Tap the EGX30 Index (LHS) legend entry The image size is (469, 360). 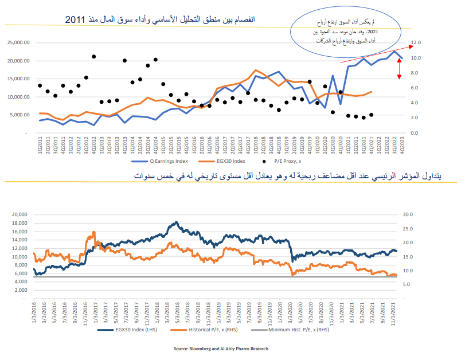point(123,330)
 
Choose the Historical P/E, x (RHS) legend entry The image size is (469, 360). point(198,330)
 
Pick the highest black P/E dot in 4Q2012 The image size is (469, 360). point(93,57)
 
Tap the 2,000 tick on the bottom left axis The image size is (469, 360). point(22,289)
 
